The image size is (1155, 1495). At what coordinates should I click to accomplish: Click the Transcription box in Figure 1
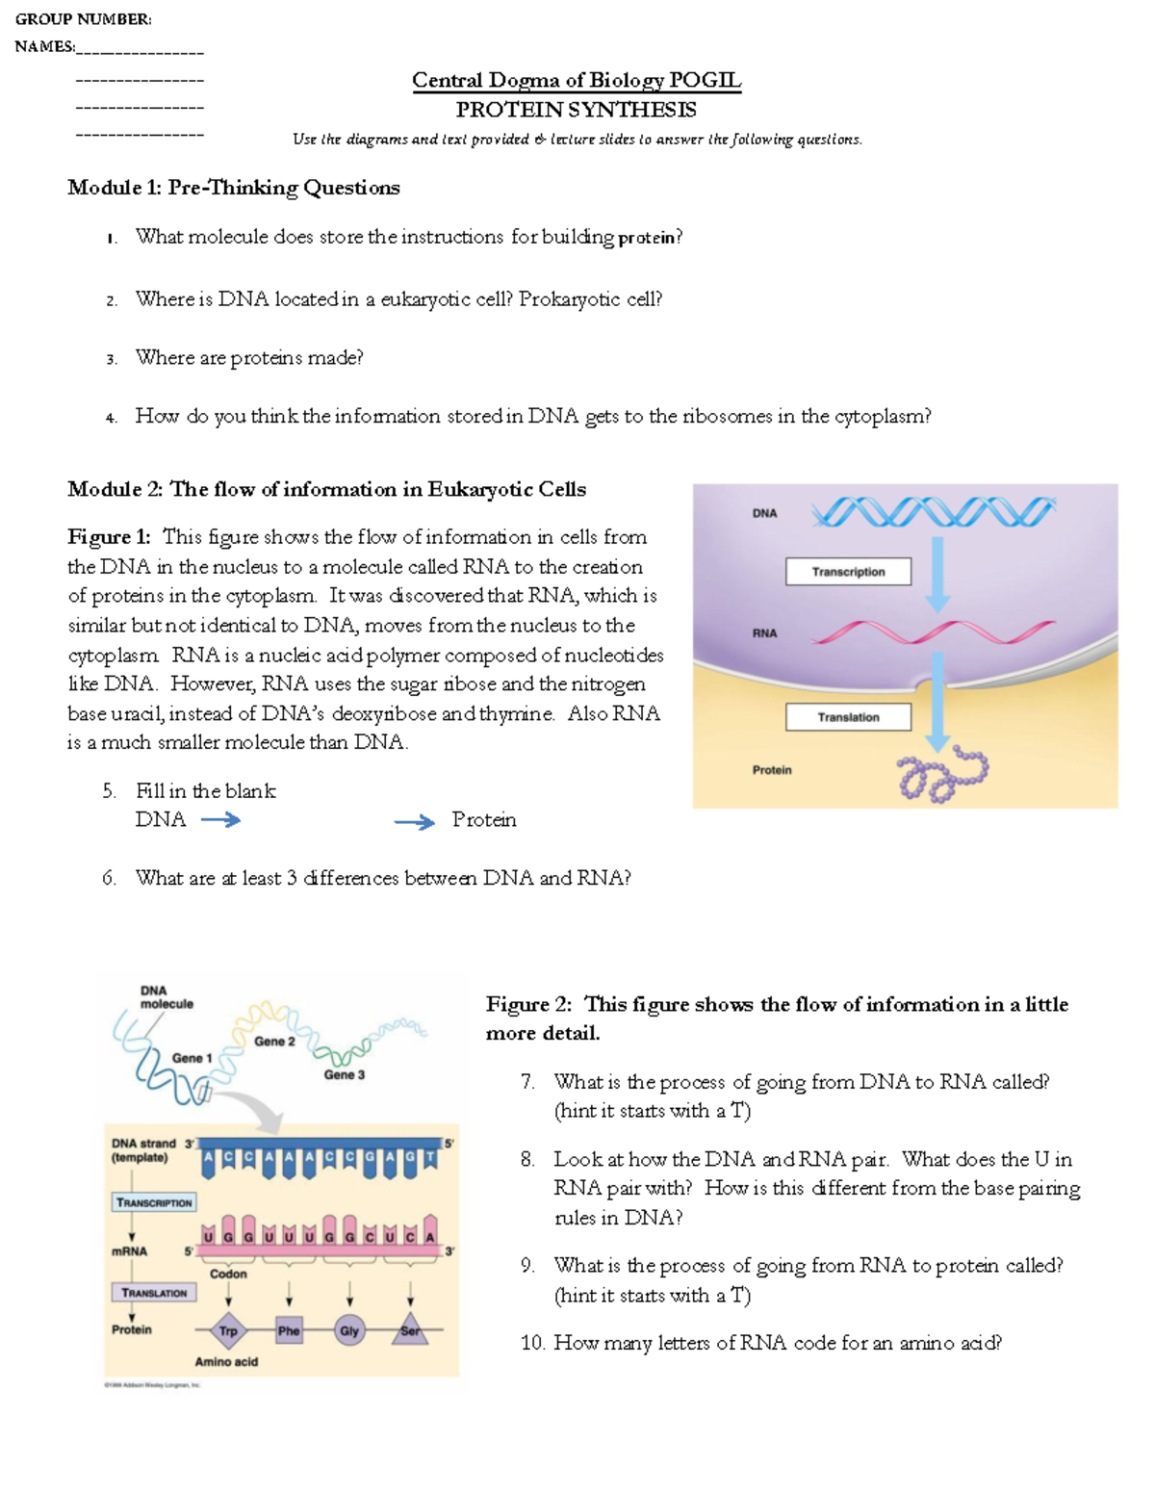coord(848,572)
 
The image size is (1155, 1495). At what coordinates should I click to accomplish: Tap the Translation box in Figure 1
coord(848,717)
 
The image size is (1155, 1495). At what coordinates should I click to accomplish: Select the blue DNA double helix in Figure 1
coord(933,512)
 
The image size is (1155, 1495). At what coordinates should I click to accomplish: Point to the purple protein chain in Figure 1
coord(941,775)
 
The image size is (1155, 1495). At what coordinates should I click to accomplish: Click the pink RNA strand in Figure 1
coord(933,632)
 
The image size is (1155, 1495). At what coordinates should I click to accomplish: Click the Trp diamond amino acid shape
coord(228,1331)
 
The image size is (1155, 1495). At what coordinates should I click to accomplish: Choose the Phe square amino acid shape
coord(289,1331)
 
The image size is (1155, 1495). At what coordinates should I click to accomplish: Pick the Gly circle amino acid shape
coord(349,1331)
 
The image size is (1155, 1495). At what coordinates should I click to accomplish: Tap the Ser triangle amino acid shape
coord(410,1330)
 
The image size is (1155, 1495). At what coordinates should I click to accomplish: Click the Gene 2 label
coord(274,1042)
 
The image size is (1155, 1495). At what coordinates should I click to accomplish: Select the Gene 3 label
coord(344,1074)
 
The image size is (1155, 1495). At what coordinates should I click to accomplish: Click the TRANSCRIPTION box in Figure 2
coord(154,1202)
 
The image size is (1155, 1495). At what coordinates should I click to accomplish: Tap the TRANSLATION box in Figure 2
coord(154,1293)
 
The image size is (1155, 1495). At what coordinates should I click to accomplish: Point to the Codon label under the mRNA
coord(228,1274)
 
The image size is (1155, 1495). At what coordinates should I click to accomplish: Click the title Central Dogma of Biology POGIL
coord(577,80)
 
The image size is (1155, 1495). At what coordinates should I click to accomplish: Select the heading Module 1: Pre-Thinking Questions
coord(234,188)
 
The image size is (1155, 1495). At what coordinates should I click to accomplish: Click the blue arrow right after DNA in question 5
coord(220,820)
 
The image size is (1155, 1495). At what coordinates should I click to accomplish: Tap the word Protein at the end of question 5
coord(484,820)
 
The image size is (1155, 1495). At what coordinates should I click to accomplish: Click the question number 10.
coord(532,1343)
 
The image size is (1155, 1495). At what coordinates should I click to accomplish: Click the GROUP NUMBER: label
coord(83,19)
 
